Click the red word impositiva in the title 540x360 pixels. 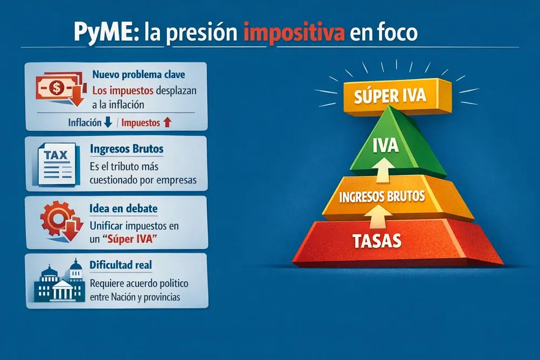click(294, 33)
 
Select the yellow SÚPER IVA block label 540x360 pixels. click(390, 97)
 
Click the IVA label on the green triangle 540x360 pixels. click(386, 145)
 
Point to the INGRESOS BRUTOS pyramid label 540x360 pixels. click(382, 196)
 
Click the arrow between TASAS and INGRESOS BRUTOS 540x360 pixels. click(380, 218)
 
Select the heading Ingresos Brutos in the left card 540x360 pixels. click(127, 148)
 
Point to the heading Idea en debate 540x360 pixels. click(125, 208)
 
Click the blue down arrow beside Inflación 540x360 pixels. click(107, 123)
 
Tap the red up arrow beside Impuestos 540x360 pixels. click(167, 123)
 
